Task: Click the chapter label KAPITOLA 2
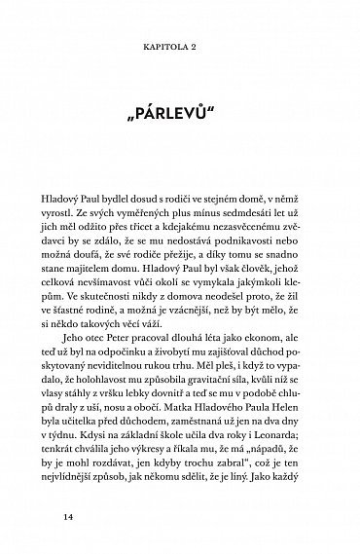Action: (x=180, y=45)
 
